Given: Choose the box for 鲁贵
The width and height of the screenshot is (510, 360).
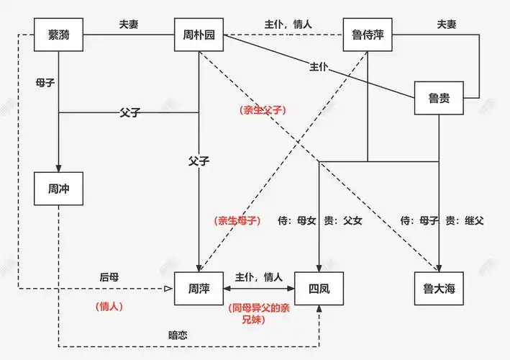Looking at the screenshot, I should pyautogui.click(x=439, y=99).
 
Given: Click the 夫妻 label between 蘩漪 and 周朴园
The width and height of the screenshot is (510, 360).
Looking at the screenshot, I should pyautogui.click(x=129, y=24).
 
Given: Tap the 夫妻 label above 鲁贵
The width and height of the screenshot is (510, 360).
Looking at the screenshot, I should pyautogui.click(x=447, y=24).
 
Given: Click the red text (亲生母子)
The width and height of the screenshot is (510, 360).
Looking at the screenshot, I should pyautogui.click(x=237, y=220).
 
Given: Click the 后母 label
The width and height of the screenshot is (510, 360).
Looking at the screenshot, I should pyautogui.click(x=109, y=276).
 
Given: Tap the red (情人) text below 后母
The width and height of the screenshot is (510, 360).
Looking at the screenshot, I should pyautogui.click(x=109, y=306).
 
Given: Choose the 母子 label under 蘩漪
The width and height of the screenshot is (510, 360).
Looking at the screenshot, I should pyautogui.click(x=45, y=82).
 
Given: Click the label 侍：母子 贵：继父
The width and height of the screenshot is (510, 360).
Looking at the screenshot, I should pyautogui.click(x=442, y=220).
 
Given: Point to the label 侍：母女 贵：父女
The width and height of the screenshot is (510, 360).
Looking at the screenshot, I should pyautogui.click(x=320, y=220).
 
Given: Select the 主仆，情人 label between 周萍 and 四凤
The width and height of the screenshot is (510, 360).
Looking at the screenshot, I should pyautogui.click(x=259, y=276).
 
